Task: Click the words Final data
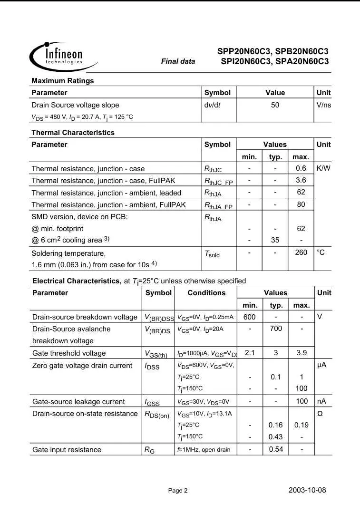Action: coord(178,61)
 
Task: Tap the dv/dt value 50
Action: coord(275,105)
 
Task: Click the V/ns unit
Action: coord(323,105)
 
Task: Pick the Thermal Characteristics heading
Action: coord(73,133)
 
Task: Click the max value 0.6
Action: coord(301,168)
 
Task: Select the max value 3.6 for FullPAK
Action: coord(301,180)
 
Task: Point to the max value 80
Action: coord(301,205)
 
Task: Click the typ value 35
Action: coord(275,240)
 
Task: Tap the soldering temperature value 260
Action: coord(301,252)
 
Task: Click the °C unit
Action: coord(321,252)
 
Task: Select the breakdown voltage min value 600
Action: coord(250,317)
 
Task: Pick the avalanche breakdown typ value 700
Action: coord(276,329)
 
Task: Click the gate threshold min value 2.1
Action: coord(250,353)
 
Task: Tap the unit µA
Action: coord(322,365)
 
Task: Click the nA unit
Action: coord(322,401)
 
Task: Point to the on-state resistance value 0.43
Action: coord(276,436)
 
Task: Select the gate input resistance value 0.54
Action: coord(276,449)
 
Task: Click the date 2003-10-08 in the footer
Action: coord(307,490)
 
